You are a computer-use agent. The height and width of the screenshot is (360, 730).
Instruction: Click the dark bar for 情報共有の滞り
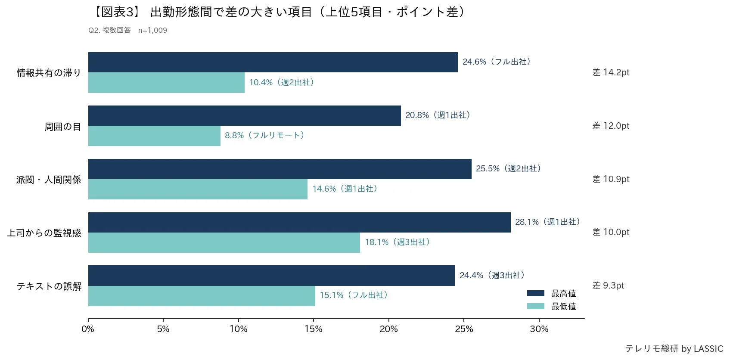coord(273,62)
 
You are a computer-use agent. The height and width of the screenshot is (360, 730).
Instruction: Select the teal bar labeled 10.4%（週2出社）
coord(166,83)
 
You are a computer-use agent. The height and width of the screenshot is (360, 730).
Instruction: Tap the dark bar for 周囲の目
coord(244,115)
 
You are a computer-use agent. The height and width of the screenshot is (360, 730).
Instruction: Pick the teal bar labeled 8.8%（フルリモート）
coord(154,136)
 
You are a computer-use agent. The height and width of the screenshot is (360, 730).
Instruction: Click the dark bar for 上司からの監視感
coord(299,222)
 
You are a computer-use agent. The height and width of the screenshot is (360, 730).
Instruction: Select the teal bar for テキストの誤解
coord(202,296)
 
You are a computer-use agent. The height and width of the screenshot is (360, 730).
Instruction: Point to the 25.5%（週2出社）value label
coord(508,168)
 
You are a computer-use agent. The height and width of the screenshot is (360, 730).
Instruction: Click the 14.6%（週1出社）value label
coord(345,189)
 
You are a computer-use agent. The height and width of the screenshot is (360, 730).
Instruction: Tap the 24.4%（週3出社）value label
coord(492,275)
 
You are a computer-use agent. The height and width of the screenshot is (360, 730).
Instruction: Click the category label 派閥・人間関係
coord(49,180)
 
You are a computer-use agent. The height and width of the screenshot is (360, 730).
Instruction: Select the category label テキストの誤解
coord(49,286)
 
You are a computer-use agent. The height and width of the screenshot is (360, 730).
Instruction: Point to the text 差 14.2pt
coord(610,72)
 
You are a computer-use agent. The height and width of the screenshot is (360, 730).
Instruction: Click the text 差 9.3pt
coord(608,286)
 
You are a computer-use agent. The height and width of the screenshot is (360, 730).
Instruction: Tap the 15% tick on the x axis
coord(313,329)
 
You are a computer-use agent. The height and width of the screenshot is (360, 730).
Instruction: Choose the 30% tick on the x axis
coord(539,329)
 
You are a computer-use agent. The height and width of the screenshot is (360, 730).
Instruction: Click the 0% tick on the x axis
coord(88,329)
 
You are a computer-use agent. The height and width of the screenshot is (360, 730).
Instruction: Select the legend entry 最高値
coord(551,293)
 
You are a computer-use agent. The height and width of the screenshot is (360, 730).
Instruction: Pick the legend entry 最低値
coord(551,306)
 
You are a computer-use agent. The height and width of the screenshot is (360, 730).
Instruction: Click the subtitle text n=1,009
coord(152,30)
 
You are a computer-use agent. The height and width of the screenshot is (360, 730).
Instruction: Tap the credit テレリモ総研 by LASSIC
coord(674,349)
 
